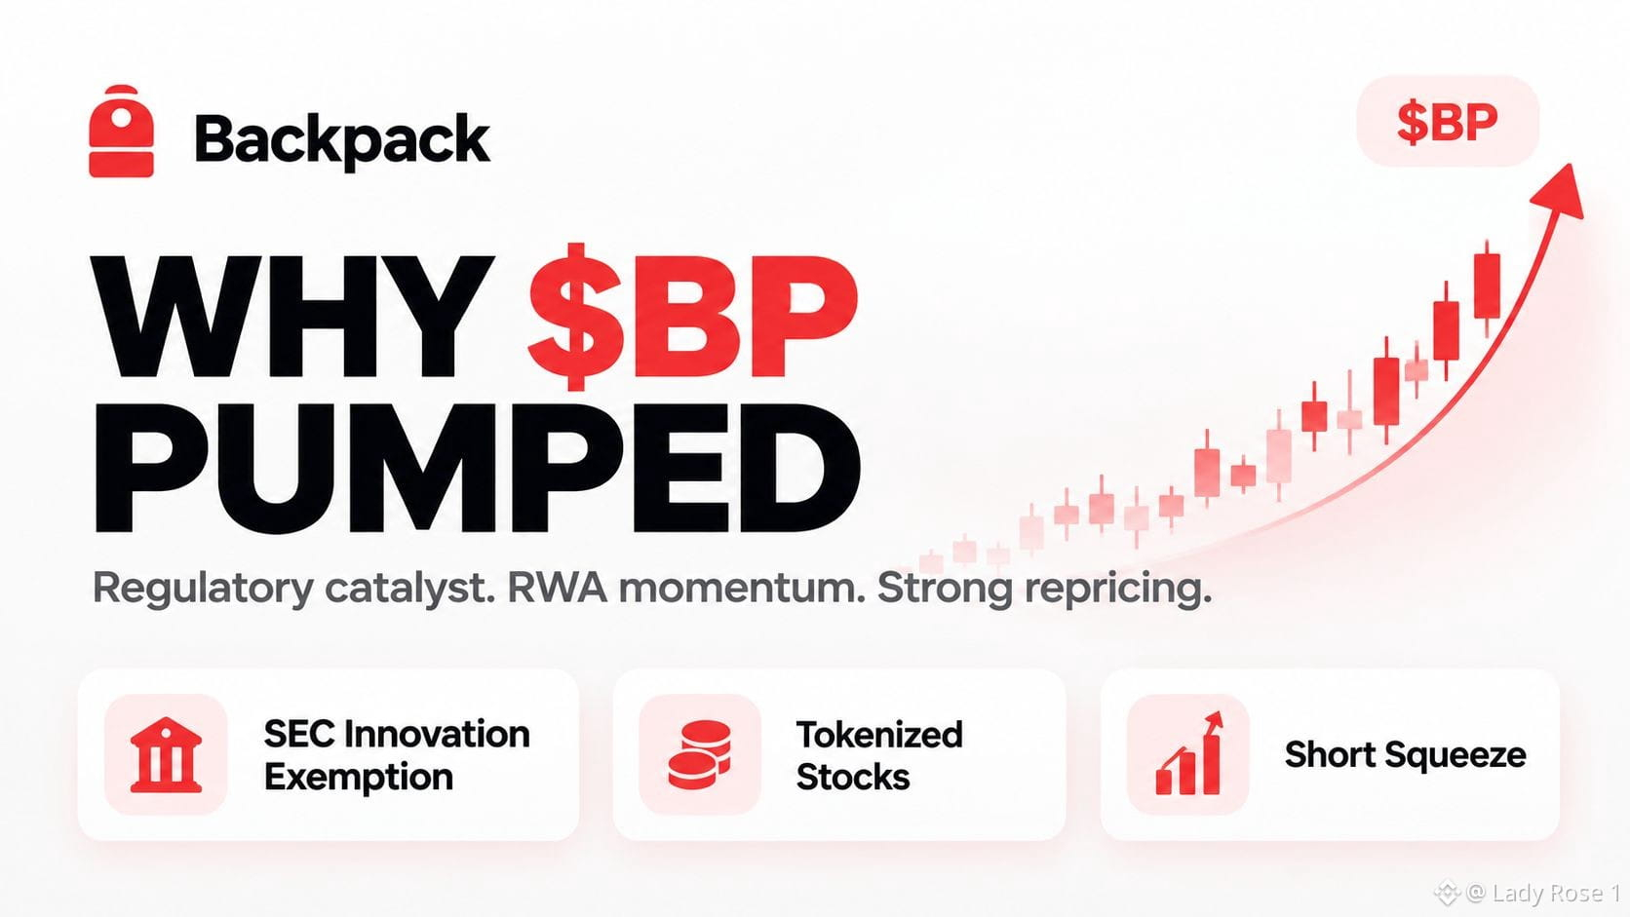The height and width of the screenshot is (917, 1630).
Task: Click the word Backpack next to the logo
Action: tap(342, 140)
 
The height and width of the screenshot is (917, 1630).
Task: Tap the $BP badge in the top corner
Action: tap(1448, 122)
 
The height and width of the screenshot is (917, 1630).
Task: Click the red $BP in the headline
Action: tap(692, 317)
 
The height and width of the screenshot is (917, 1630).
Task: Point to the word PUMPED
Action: tap(477, 469)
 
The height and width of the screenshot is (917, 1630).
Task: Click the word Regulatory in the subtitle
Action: tap(203, 589)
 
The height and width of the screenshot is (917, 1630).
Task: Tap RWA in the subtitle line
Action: tap(558, 588)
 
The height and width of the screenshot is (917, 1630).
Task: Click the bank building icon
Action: tap(166, 755)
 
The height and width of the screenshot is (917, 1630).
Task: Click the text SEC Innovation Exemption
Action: tap(397, 755)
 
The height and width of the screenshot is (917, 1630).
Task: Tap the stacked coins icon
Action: tap(699, 754)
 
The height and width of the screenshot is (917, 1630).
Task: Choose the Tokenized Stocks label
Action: tap(879, 755)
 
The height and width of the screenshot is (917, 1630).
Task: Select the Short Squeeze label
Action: tap(1405, 754)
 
